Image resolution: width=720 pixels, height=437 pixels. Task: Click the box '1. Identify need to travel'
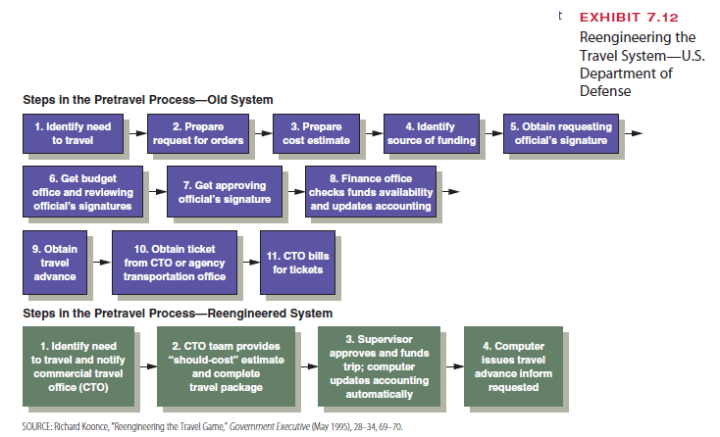pyautogui.click(x=72, y=134)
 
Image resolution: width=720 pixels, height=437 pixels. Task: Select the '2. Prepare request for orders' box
pyautogui.click(x=197, y=134)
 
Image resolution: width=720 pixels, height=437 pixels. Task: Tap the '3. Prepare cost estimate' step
pyautogui.click(x=315, y=134)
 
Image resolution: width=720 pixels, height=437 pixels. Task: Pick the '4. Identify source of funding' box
pyautogui.click(x=431, y=134)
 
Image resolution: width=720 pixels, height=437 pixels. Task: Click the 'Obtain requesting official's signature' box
pyautogui.click(x=560, y=134)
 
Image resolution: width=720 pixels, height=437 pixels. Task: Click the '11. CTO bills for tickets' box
pyautogui.click(x=292, y=263)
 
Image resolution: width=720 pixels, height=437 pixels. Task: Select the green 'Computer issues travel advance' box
pyautogui.click(x=514, y=366)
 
